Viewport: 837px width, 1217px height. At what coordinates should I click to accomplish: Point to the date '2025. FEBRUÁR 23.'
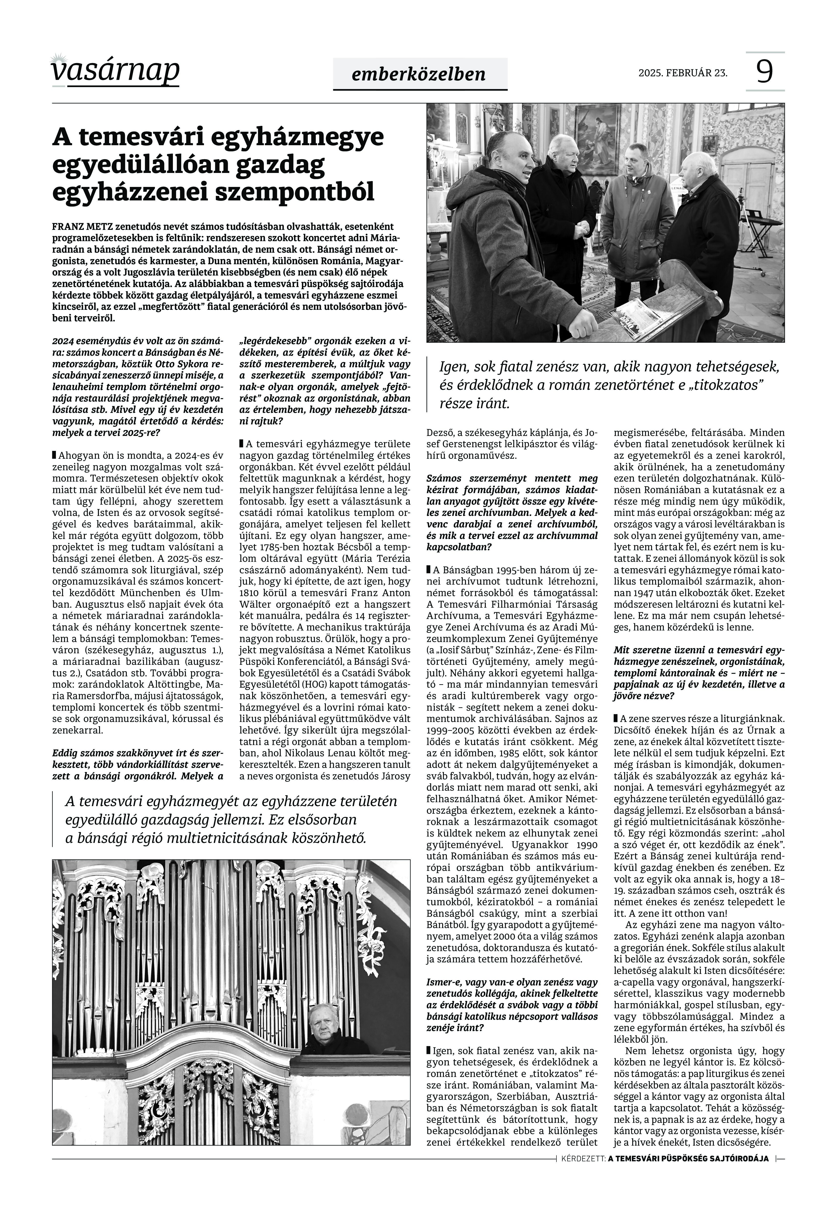[x=683, y=73]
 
